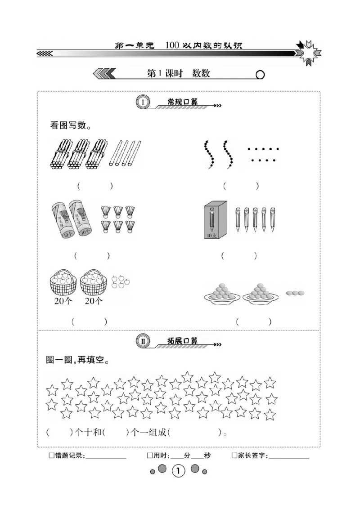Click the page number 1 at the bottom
point(179,471)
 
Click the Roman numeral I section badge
point(143,103)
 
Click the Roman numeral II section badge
point(143,341)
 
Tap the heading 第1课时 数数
point(179,74)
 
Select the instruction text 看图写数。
point(71,125)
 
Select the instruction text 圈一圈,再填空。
point(77,360)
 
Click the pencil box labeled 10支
point(213,220)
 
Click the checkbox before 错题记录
point(51,455)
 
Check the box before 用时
point(150,455)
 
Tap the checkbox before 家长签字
point(234,455)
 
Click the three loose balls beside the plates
point(295,293)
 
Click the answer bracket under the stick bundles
point(94,185)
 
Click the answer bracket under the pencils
point(239,255)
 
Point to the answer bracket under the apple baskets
point(89,321)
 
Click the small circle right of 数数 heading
point(260,75)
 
